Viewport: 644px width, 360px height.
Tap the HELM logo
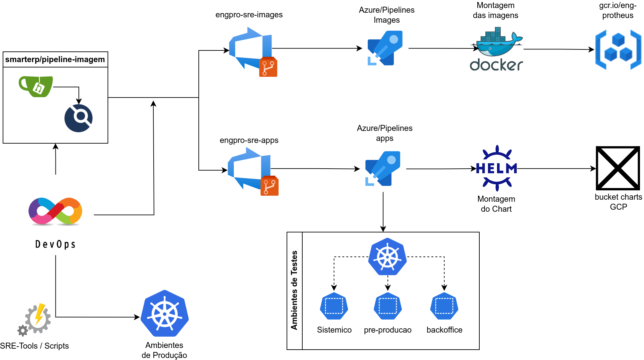(497, 168)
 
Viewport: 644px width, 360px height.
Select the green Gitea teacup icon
(36, 86)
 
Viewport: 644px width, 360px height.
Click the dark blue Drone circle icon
(78, 118)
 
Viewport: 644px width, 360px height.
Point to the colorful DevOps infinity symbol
(55, 211)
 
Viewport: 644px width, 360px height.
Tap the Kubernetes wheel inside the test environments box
(387, 256)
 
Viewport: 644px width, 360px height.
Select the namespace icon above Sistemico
(334, 306)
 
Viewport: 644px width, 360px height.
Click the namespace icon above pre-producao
(388, 306)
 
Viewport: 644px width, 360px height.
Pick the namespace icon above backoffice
(444, 306)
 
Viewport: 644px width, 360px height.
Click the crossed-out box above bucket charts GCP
(618, 168)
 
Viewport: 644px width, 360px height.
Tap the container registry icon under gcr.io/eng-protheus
(618, 49)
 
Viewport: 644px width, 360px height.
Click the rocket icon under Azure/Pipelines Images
(385, 48)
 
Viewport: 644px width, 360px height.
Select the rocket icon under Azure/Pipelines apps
(383, 169)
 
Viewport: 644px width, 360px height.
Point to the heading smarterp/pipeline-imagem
(55, 59)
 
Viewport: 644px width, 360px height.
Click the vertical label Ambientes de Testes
(294, 290)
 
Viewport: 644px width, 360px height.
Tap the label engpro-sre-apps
(249, 140)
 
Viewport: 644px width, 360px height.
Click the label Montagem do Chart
(496, 204)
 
